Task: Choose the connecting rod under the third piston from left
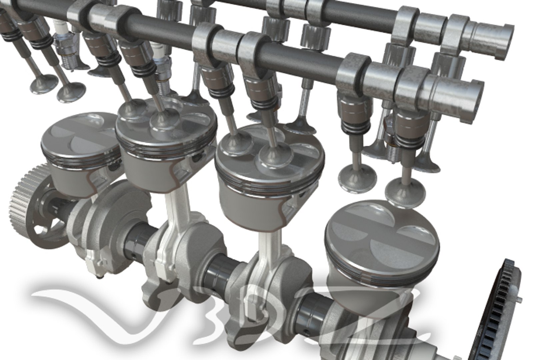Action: click(267, 253)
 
